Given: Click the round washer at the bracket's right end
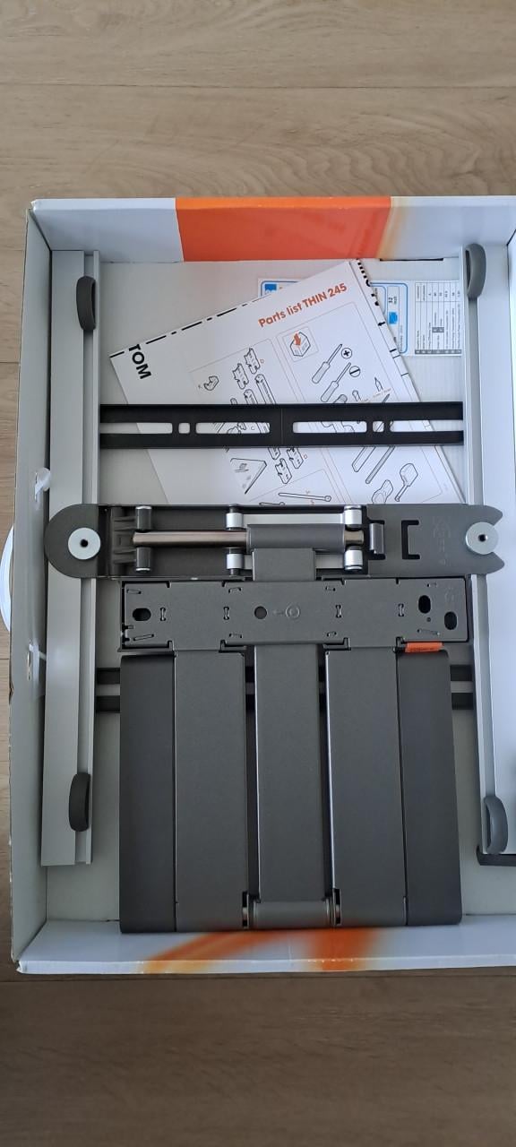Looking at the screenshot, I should click(x=482, y=539).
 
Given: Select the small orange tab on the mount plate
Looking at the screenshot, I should click(x=422, y=646).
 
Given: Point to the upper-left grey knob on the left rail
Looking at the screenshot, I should click(x=86, y=303).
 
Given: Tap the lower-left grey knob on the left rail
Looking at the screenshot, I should click(x=80, y=800).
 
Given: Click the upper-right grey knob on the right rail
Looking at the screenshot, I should click(x=475, y=270).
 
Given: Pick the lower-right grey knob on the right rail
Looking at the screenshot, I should click(x=495, y=824).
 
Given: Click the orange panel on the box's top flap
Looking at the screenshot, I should click(x=282, y=229).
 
